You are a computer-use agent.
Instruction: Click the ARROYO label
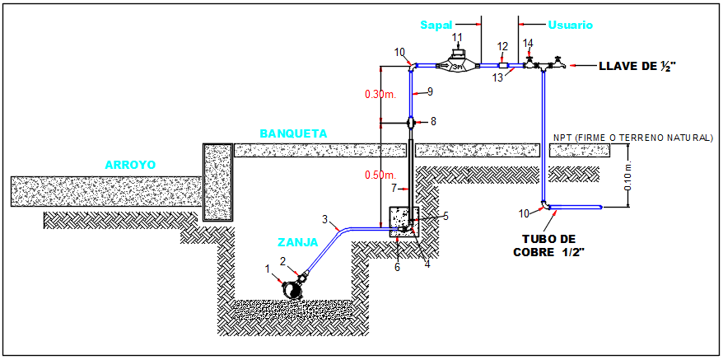tap(130, 165)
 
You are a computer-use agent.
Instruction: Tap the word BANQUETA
tap(293, 133)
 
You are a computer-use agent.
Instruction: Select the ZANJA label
tap(296, 243)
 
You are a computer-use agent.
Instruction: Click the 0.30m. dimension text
tap(380, 94)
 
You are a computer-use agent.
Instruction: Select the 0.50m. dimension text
tap(380, 175)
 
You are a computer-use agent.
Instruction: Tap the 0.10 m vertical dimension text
tap(627, 176)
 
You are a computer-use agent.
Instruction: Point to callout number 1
tap(267, 268)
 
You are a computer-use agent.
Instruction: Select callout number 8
tap(435, 122)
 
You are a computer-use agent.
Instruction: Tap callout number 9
tap(430, 91)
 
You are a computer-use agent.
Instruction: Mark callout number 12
tap(503, 46)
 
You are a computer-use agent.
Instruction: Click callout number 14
tap(528, 43)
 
